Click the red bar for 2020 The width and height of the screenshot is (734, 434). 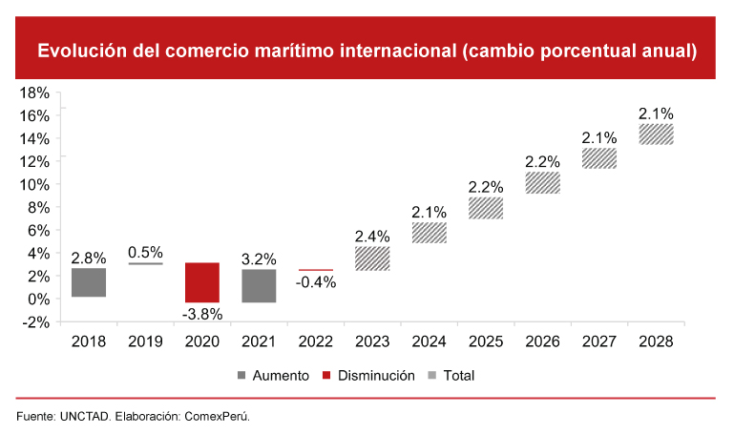click(x=202, y=282)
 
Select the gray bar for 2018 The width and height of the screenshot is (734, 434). click(x=89, y=282)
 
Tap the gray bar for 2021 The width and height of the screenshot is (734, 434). click(x=259, y=286)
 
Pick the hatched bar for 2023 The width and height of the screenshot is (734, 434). click(x=372, y=258)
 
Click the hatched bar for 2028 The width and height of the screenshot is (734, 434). click(x=656, y=134)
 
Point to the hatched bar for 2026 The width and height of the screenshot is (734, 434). click(x=542, y=182)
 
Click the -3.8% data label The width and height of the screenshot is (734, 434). click(x=202, y=314)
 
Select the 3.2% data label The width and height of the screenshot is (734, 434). click(x=259, y=258)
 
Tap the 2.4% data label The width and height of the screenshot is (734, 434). click(x=372, y=235)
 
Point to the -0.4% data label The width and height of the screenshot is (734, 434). click(x=316, y=282)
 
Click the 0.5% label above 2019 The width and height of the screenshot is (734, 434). click(x=145, y=252)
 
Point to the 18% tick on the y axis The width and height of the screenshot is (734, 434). click(x=34, y=93)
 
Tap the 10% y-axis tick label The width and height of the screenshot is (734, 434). click(x=34, y=184)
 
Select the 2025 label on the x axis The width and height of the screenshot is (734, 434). click(x=486, y=341)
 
